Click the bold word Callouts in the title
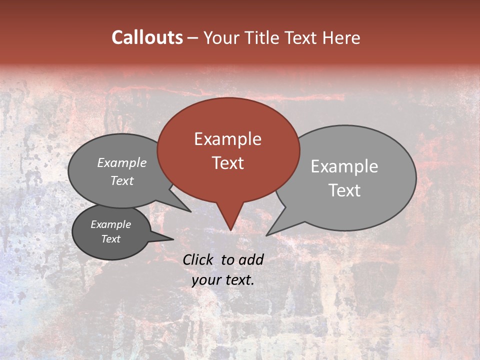pos(147,37)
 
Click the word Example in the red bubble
pos(227,139)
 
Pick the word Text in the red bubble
pos(227,163)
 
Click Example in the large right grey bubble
pos(344,166)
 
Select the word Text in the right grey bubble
pos(344,190)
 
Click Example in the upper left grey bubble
pos(122,162)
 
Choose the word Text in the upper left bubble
pos(122,180)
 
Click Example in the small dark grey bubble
pos(111,224)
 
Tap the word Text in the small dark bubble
pos(111,239)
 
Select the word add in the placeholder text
pos(251,259)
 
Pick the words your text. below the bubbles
pos(223,280)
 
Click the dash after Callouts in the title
pos(193,38)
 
